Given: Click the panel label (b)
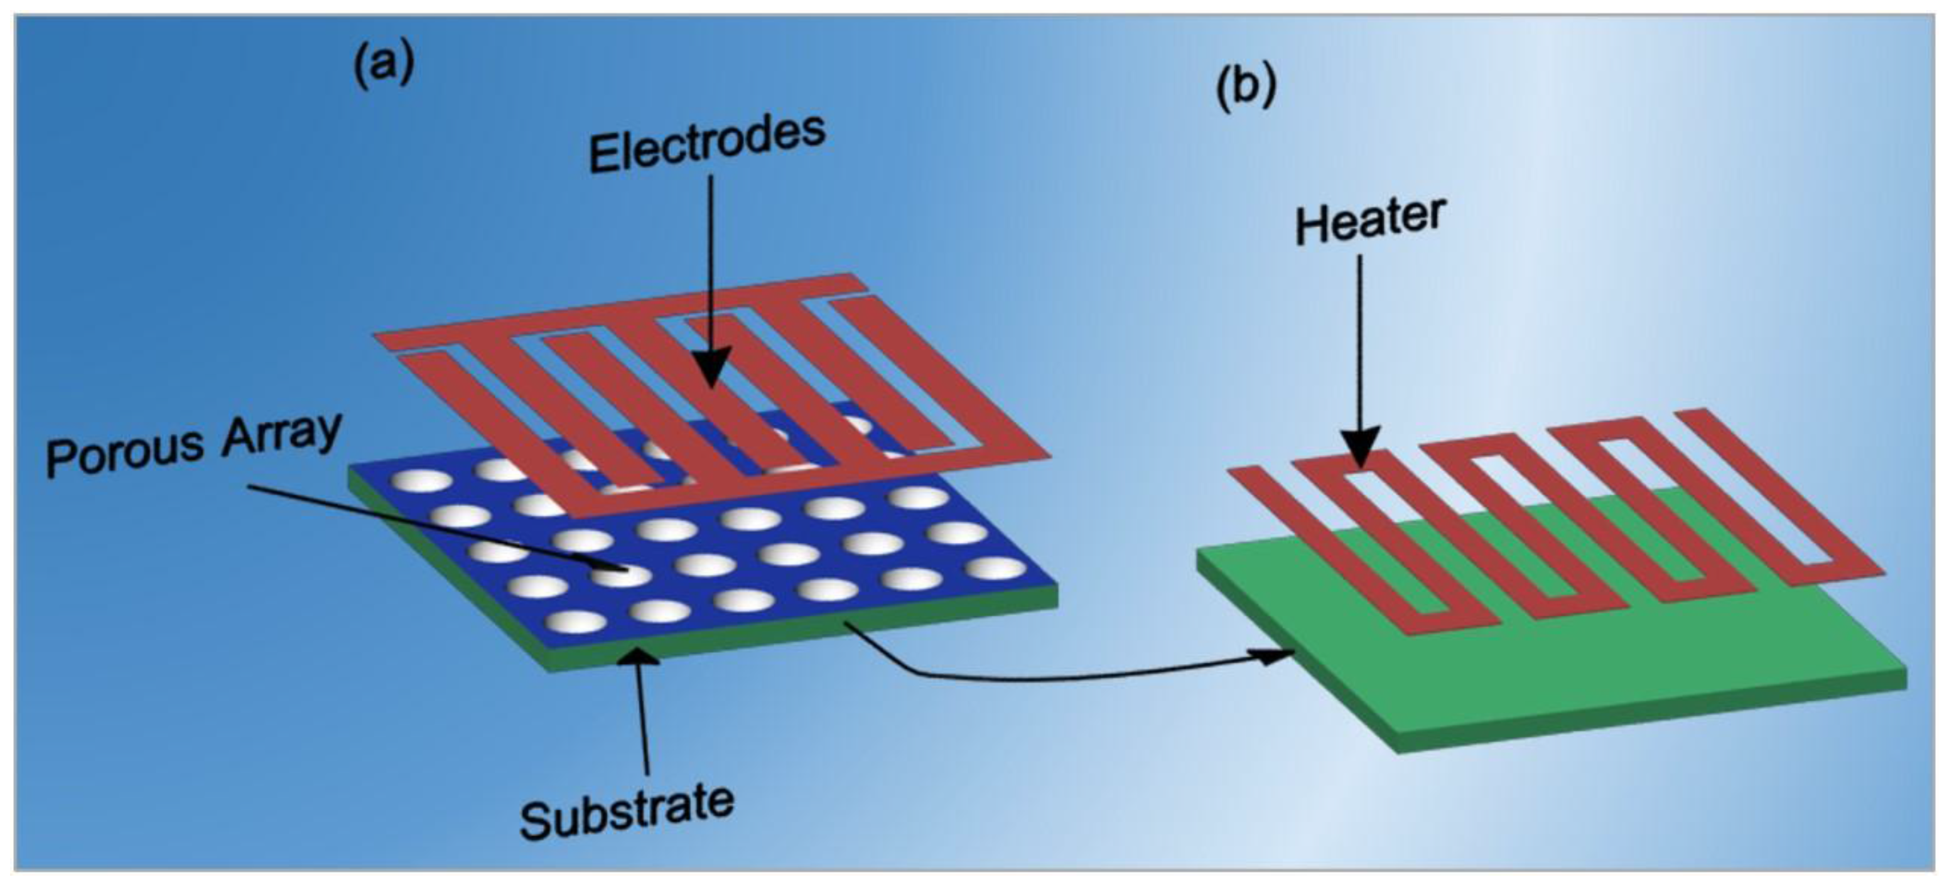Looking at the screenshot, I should [1246, 88].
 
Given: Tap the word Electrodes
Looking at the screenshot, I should [707, 143].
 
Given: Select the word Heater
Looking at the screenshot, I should [1369, 220].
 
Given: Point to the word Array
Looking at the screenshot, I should [281, 437].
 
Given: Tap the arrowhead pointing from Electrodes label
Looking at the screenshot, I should [710, 372].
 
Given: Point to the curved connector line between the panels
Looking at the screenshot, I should [1062, 677].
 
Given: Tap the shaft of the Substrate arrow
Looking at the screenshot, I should [645, 720].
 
